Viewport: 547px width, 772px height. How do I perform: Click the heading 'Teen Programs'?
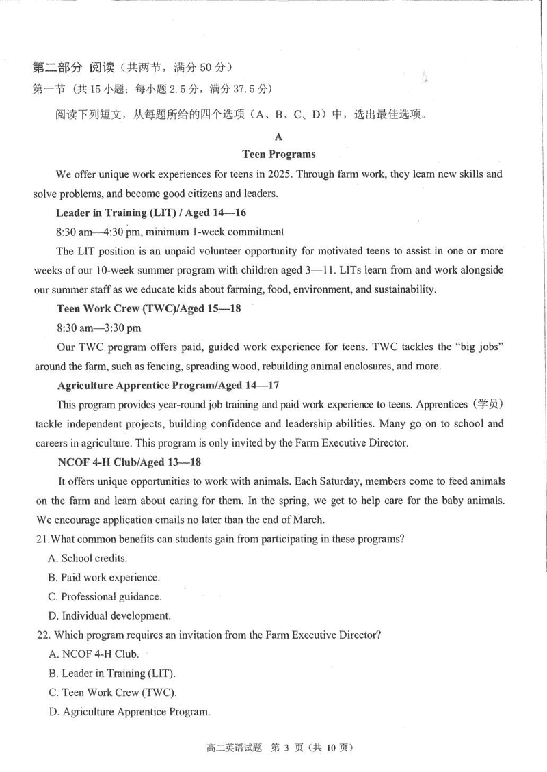(x=278, y=155)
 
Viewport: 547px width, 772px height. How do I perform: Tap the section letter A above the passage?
(x=278, y=137)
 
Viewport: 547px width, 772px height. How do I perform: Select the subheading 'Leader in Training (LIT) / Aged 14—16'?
(x=151, y=213)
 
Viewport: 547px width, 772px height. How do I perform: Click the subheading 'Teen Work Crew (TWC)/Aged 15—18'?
(x=149, y=308)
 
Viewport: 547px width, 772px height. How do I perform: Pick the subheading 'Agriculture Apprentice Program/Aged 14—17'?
(x=168, y=385)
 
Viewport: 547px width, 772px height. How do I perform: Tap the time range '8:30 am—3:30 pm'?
(x=100, y=328)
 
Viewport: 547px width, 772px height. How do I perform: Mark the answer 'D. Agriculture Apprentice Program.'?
(x=129, y=712)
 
